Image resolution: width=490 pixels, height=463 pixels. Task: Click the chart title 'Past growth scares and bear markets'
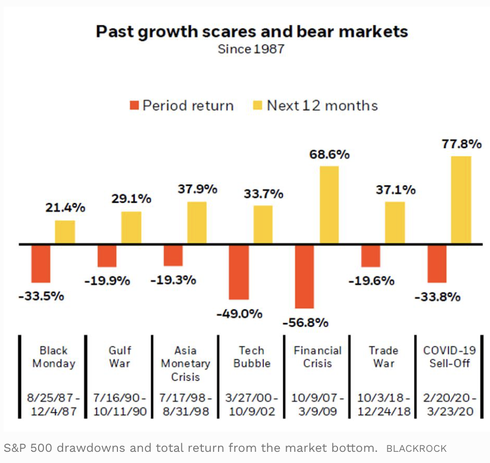(252, 32)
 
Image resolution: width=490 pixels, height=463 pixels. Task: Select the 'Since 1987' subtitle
(251, 49)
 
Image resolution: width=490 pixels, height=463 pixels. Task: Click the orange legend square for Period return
(134, 106)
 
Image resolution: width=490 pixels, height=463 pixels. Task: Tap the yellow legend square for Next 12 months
(258, 106)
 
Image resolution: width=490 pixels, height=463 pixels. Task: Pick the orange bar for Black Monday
(41, 263)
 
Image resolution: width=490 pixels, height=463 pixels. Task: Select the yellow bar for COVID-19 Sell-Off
(462, 200)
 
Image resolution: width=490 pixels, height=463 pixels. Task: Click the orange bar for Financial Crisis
(304, 277)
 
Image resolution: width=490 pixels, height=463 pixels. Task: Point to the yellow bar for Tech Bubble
(263, 224)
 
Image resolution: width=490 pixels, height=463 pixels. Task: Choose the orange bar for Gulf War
(107, 256)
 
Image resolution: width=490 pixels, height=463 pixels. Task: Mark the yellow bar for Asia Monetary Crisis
(197, 223)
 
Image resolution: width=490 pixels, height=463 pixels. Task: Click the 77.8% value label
(462, 144)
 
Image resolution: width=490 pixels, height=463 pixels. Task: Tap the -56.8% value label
(305, 322)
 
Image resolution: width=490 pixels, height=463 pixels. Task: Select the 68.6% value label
(329, 154)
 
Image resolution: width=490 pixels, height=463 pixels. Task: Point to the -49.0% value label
(239, 313)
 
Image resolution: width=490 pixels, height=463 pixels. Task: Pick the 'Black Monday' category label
(53, 357)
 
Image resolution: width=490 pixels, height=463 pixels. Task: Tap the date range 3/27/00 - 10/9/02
(252, 404)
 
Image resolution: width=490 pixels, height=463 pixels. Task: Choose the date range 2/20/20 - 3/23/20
(450, 404)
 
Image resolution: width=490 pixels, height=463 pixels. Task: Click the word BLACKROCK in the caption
(416, 449)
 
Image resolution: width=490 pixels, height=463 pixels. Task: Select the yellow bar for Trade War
(395, 223)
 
